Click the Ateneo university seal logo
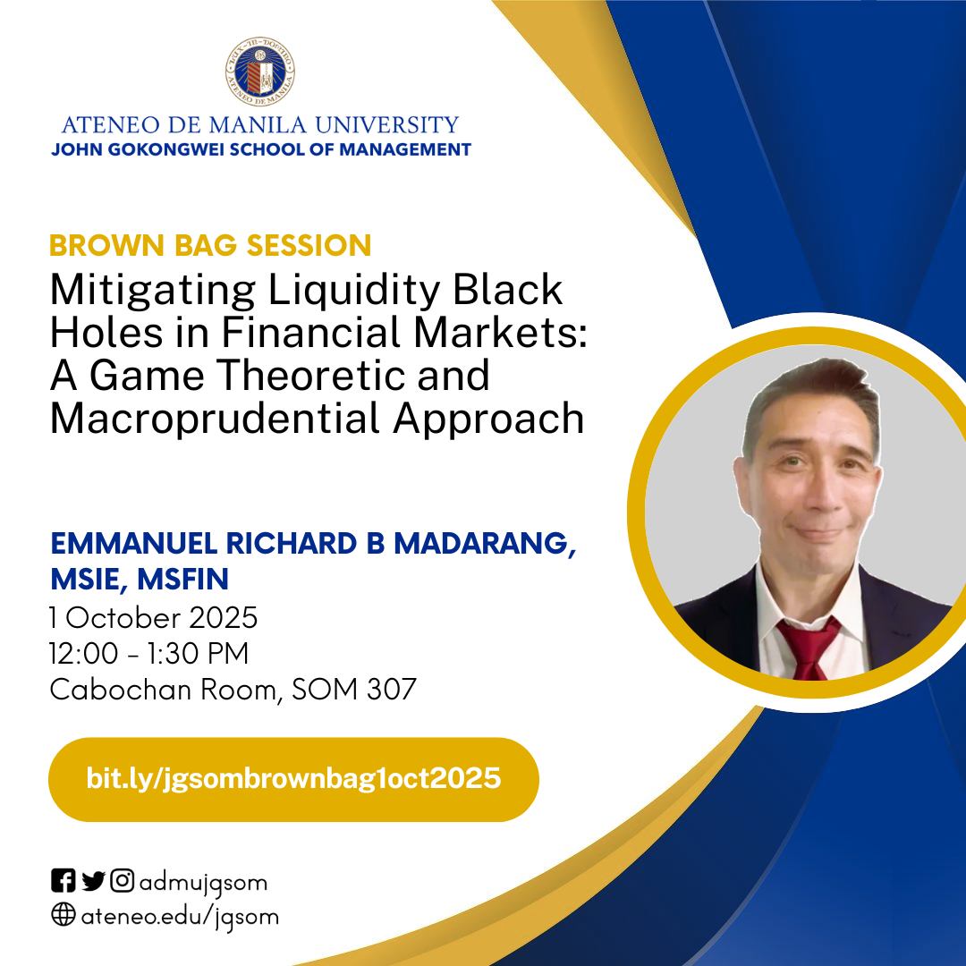[x=260, y=72]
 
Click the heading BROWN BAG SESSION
[x=210, y=245]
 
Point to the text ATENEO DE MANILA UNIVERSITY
[x=260, y=124]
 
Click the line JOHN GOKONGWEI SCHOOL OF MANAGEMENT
[x=260, y=149]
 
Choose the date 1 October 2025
[x=154, y=617]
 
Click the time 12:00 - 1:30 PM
[x=148, y=654]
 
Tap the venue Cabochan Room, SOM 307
[x=233, y=690]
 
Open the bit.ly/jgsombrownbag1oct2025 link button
[x=293, y=778]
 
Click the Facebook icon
[x=63, y=882]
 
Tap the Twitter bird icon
[x=93, y=882]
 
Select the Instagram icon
[x=123, y=882]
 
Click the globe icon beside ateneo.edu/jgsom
[x=63, y=916]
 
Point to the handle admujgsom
[x=203, y=883]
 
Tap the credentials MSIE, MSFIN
[x=140, y=580]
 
